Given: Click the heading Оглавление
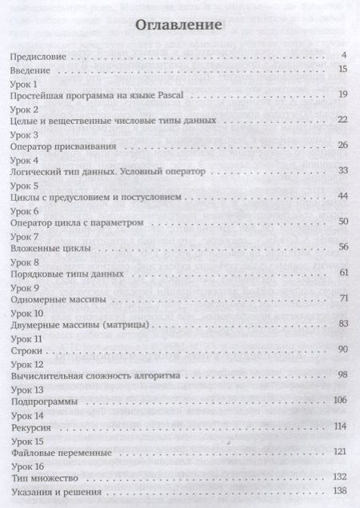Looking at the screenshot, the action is coord(179,25).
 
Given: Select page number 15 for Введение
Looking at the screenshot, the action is coord(341,70).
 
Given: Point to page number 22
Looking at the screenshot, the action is coord(341,120).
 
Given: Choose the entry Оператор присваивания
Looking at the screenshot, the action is coord(61,146).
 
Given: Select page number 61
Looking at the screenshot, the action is coord(342,273).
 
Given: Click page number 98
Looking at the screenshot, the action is coord(342,374).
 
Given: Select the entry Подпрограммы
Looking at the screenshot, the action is coord(44,400).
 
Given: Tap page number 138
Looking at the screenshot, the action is coord(340,490).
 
